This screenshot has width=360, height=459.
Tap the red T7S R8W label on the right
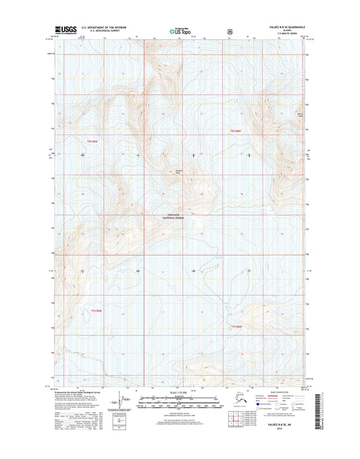coord(236,327)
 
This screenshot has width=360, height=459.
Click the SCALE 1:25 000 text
coord(180,393)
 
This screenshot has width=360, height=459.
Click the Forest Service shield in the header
coord(230,30)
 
